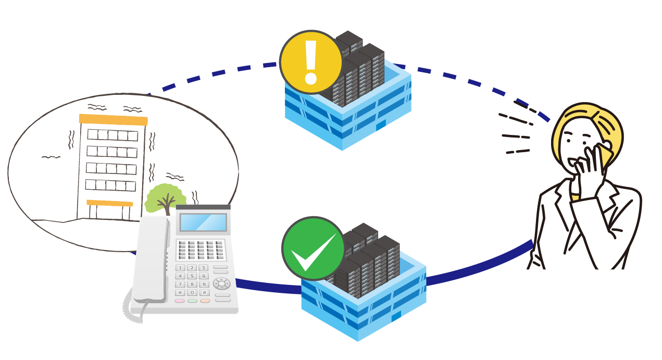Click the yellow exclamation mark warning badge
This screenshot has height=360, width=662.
(311, 62)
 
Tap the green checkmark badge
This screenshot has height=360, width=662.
(313, 249)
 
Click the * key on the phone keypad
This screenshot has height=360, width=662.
(180, 293)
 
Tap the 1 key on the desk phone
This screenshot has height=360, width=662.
(180, 268)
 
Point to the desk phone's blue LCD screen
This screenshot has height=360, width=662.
(203, 222)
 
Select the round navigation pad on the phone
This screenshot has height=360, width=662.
(221, 283)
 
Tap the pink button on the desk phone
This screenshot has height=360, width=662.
(180, 301)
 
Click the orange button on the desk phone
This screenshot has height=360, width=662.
(205, 301)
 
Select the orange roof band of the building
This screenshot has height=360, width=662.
(113, 119)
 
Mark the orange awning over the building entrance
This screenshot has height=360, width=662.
(109, 203)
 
